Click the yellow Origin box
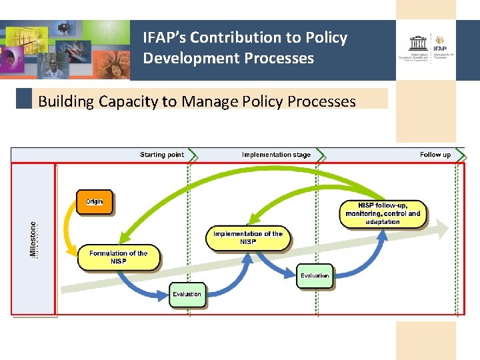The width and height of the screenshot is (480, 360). tap(95, 202)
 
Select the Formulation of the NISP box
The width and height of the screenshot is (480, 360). tap(119, 257)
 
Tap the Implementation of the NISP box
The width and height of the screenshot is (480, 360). tap(248, 238)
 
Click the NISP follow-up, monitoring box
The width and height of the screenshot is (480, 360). tap(383, 213)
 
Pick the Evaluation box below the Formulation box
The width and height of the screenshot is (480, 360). tap(187, 294)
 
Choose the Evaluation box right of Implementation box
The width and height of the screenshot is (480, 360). tap(315, 276)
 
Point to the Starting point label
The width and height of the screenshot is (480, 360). tap(161, 155)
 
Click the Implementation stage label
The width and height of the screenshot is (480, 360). tap(276, 155)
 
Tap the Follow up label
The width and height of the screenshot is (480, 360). tap(435, 155)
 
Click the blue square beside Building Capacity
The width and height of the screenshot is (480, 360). tap(24, 99)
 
